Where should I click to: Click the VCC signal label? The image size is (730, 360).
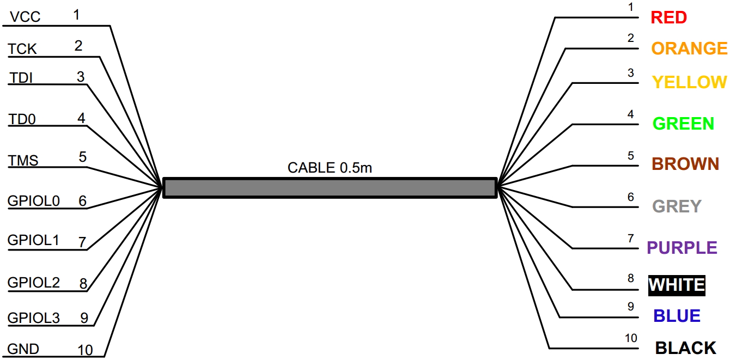coord(25,17)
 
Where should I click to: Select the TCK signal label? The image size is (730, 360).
coord(22,49)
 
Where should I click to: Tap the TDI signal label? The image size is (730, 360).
coord(21,78)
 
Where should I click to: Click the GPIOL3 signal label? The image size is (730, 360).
coord(34,318)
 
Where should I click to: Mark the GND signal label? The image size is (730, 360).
coord(23,349)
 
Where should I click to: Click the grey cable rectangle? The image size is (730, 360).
coord(330,187)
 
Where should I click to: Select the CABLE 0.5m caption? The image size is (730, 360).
coord(330,168)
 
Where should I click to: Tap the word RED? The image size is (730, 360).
coord(668,17)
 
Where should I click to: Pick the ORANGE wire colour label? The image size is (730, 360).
coord(689,48)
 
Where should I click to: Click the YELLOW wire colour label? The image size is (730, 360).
coord(689,82)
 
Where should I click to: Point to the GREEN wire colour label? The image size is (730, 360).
coord(683,124)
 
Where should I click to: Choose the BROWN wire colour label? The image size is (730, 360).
coord(685,164)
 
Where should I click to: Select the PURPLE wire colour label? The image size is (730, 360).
coord(682,248)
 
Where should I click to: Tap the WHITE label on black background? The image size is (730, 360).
coord(677,285)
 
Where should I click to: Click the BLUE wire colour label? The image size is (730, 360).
coord(677,316)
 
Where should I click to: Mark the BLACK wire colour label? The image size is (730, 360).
coord(685,348)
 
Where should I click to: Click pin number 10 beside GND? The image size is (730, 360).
coord(86,350)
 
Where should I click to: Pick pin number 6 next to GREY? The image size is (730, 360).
coord(631,197)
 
